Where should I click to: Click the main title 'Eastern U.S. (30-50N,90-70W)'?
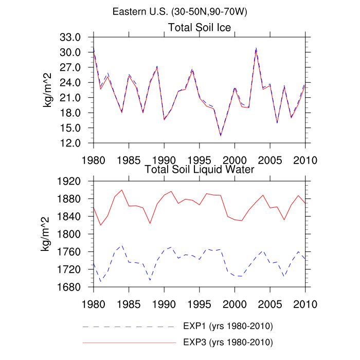coord(179,12)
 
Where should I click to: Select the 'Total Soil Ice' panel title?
coord(200,27)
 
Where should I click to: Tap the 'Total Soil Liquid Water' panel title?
coord(200,169)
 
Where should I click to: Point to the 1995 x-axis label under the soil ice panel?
coord(200,158)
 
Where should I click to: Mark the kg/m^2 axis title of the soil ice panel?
coord(48,90)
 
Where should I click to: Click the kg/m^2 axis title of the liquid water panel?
coord(48,234)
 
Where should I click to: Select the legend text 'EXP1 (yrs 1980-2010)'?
coord(227,327)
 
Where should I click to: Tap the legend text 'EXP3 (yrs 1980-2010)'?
coord(227,342)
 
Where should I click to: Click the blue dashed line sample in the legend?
coord(129,327)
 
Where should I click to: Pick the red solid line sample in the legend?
coord(129,342)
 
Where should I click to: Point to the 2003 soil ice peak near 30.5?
coord(256,49)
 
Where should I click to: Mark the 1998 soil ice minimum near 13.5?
coord(221,135)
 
